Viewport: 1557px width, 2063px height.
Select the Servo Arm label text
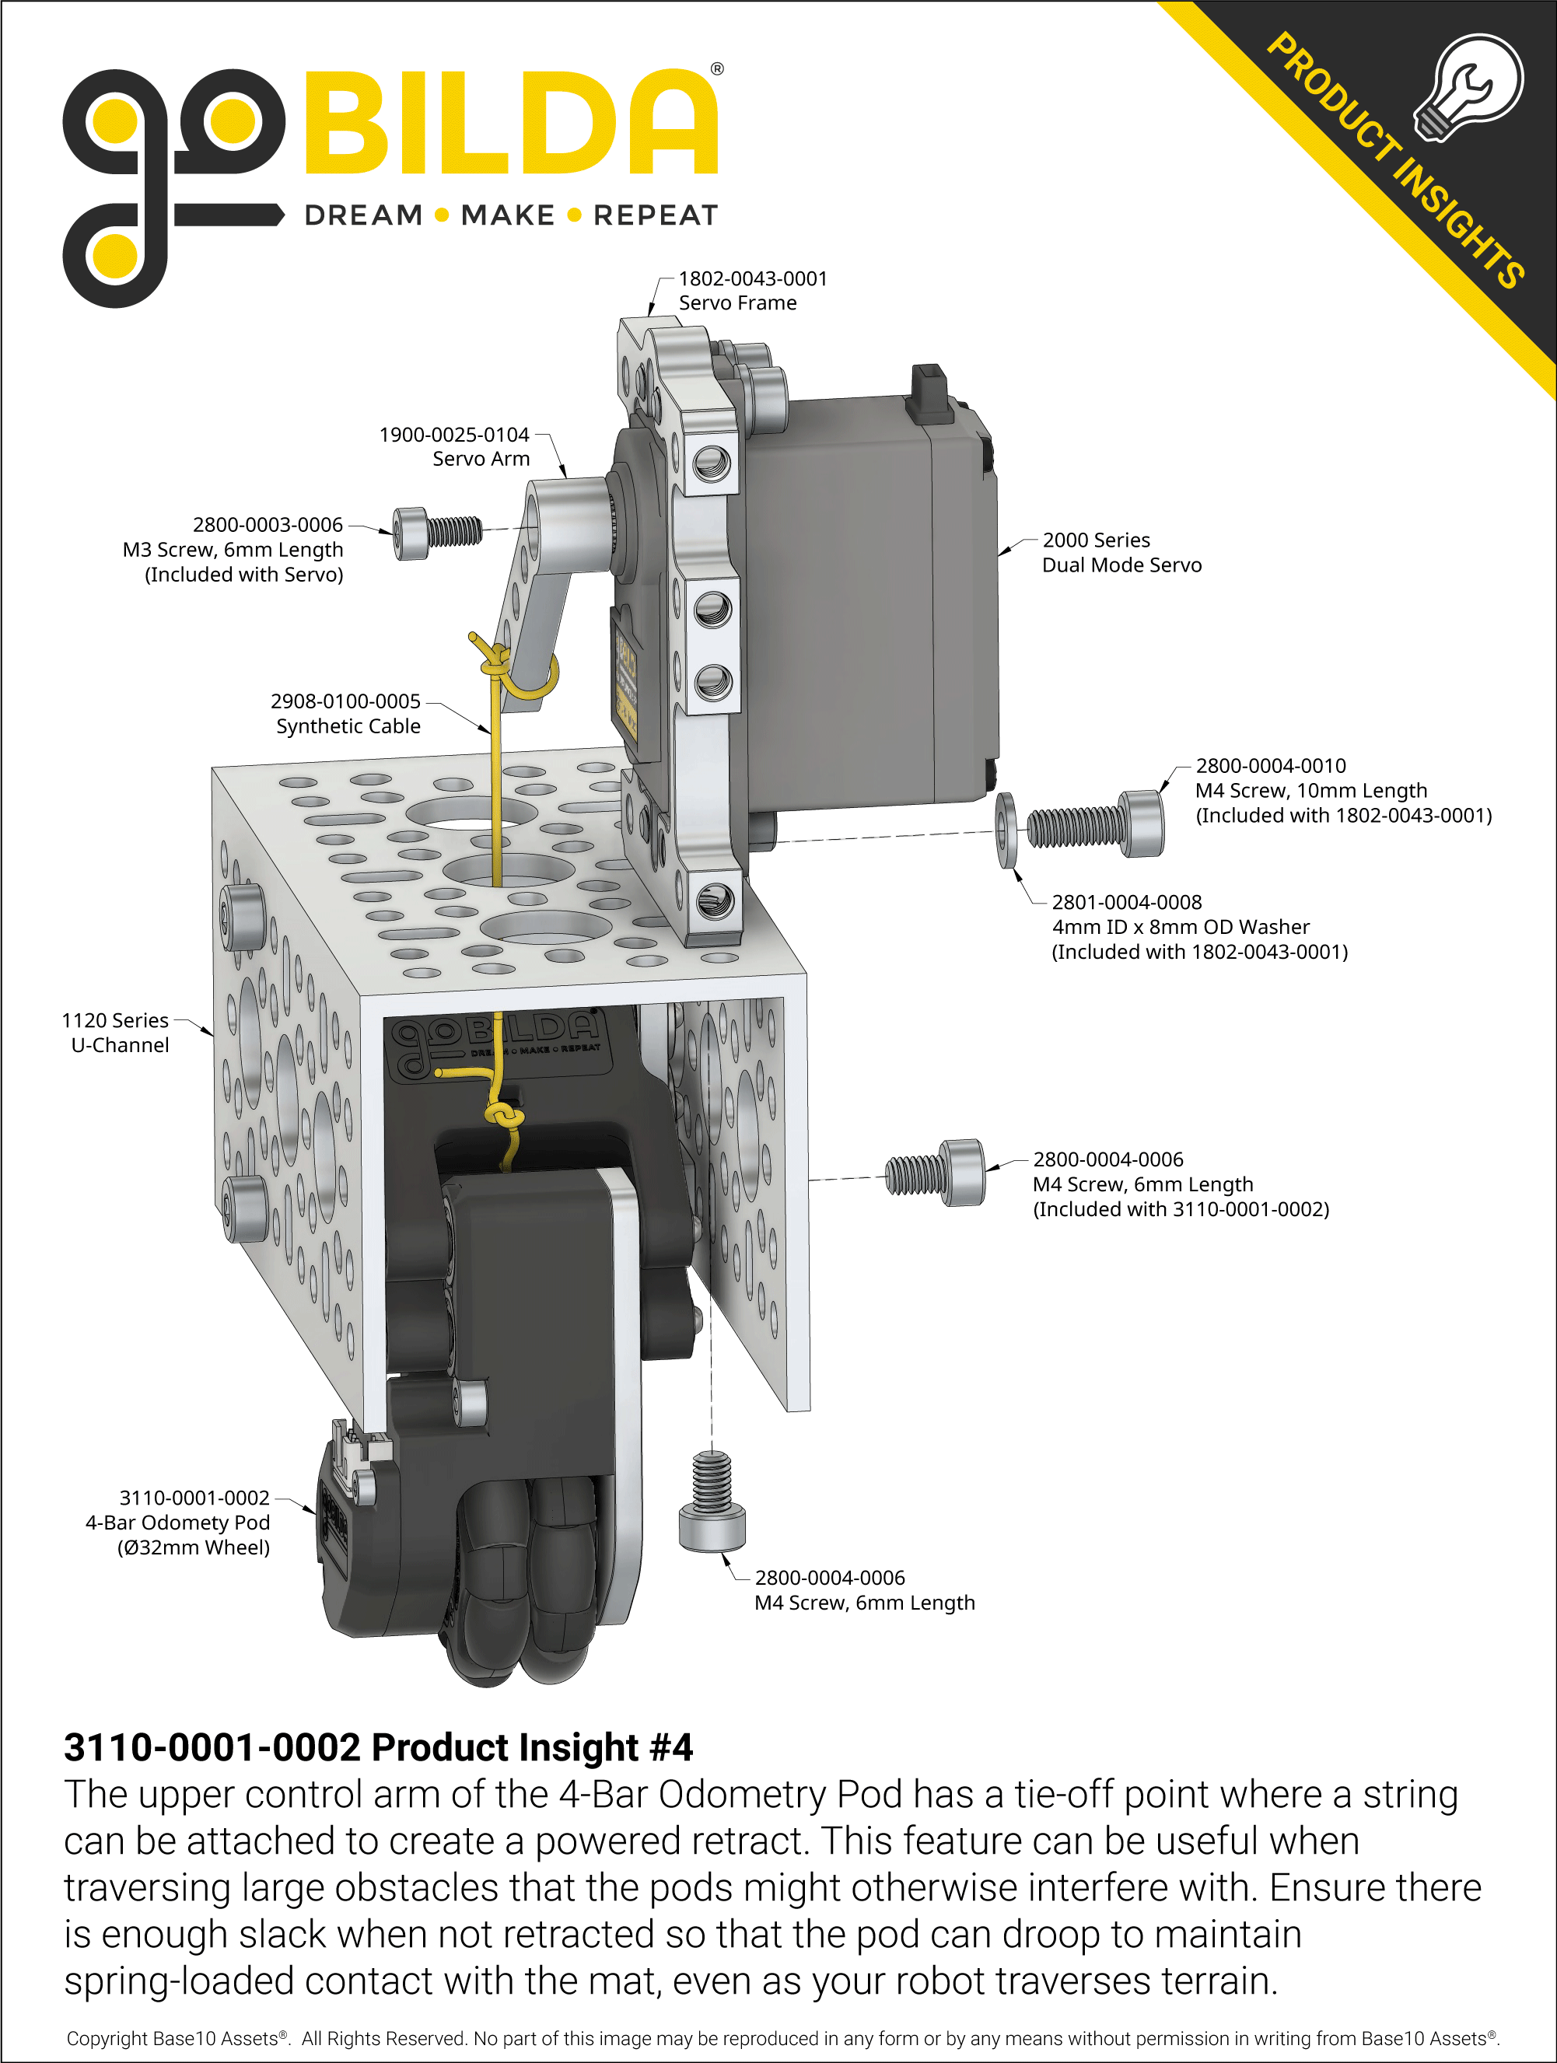[x=481, y=459]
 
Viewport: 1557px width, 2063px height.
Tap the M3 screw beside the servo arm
[x=436, y=533]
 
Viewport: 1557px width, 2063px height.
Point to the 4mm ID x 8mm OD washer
[x=1006, y=830]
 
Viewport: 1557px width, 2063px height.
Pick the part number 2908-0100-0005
[x=345, y=701]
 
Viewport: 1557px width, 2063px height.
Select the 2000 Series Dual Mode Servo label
[x=1121, y=552]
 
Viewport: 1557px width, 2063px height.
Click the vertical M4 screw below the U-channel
[x=712, y=1502]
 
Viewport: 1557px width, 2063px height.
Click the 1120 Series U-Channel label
[x=117, y=1033]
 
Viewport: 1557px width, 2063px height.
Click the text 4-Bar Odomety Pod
[x=177, y=1522]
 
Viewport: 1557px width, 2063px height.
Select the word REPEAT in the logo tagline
[x=655, y=215]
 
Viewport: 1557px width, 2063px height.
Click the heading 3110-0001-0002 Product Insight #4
[x=378, y=1747]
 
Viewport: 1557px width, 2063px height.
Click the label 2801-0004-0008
[x=1126, y=902]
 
